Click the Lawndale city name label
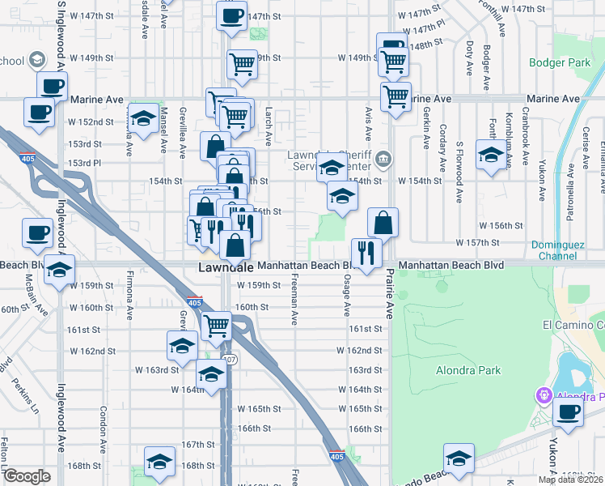click(x=227, y=267)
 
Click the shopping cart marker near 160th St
click(x=216, y=326)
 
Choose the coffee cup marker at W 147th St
click(x=232, y=16)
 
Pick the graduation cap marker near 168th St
click(x=159, y=461)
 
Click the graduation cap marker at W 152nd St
click(x=143, y=119)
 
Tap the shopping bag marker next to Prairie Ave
click(x=383, y=222)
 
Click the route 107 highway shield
click(x=231, y=360)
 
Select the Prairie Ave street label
click(x=389, y=292)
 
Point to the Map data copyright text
click(x=570, y=479)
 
